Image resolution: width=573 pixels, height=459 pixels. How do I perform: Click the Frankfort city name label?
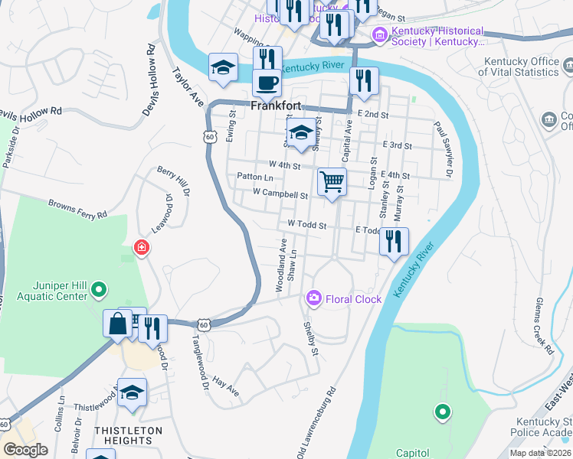click(x=276, y=107)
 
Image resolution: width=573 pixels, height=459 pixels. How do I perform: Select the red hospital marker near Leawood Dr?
click(x=140, y=247)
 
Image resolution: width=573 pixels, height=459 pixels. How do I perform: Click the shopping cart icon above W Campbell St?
click(x=332, y=181)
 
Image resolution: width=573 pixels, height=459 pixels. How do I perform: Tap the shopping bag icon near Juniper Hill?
click(x=118, y=324)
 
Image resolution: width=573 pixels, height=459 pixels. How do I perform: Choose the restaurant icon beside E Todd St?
click(x=394, y=241)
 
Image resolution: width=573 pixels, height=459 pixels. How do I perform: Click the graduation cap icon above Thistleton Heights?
click(x=133, y=392)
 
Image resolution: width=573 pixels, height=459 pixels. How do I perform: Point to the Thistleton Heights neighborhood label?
click(x=128, y=435)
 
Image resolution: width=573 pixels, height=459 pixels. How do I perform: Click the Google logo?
click(x=26, y=450)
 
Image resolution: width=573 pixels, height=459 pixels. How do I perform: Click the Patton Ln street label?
click(x=250, y=176)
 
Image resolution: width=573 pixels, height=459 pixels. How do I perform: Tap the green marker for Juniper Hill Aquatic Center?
click(x=99, y=290)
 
